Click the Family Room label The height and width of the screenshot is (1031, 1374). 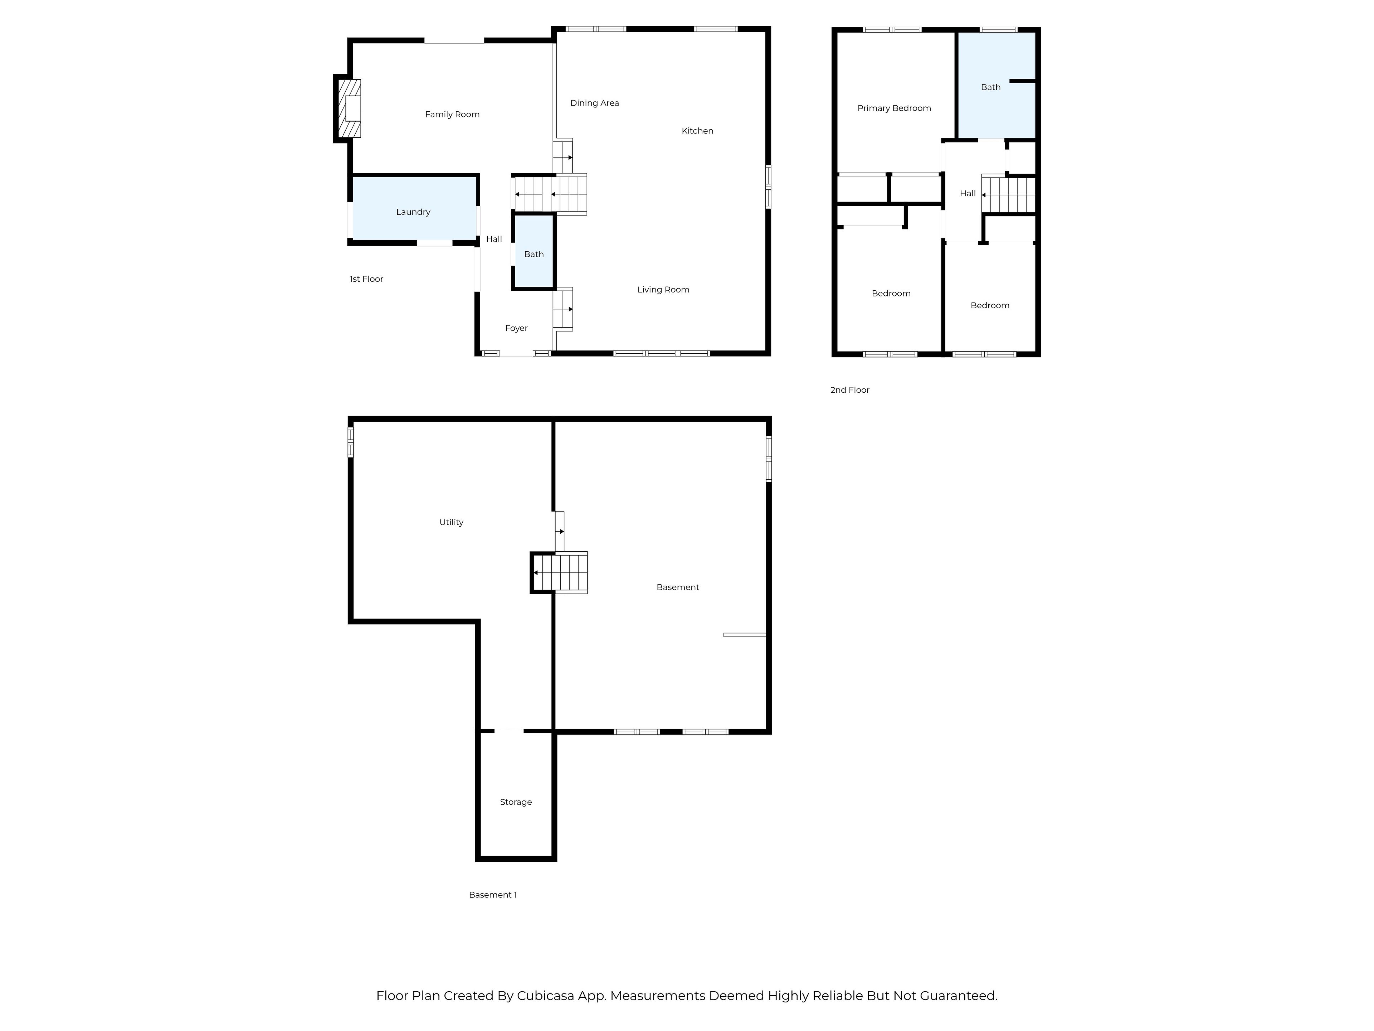pos(452,114)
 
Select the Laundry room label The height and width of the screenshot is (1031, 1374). pos(413,212)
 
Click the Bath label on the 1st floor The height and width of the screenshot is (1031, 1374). pos(533,254)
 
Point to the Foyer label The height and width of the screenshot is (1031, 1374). pos(516,328)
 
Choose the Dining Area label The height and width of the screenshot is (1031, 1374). pos(594,103)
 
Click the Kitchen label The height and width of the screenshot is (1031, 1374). pos(697,131)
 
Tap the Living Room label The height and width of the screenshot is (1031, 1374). pos(663,290)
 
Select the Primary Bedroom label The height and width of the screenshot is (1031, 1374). pos(894,108)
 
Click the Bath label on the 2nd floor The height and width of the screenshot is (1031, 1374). pos(991,87)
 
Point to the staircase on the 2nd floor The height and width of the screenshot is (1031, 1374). pos(1008,194)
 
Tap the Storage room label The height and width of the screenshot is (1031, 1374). pos(516,802)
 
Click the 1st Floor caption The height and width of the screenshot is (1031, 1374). pos(366,279)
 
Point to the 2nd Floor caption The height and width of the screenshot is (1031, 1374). pos(850,389)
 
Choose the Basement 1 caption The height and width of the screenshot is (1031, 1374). pos(493,895)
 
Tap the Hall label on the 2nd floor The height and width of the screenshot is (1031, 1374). pos(968,193)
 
